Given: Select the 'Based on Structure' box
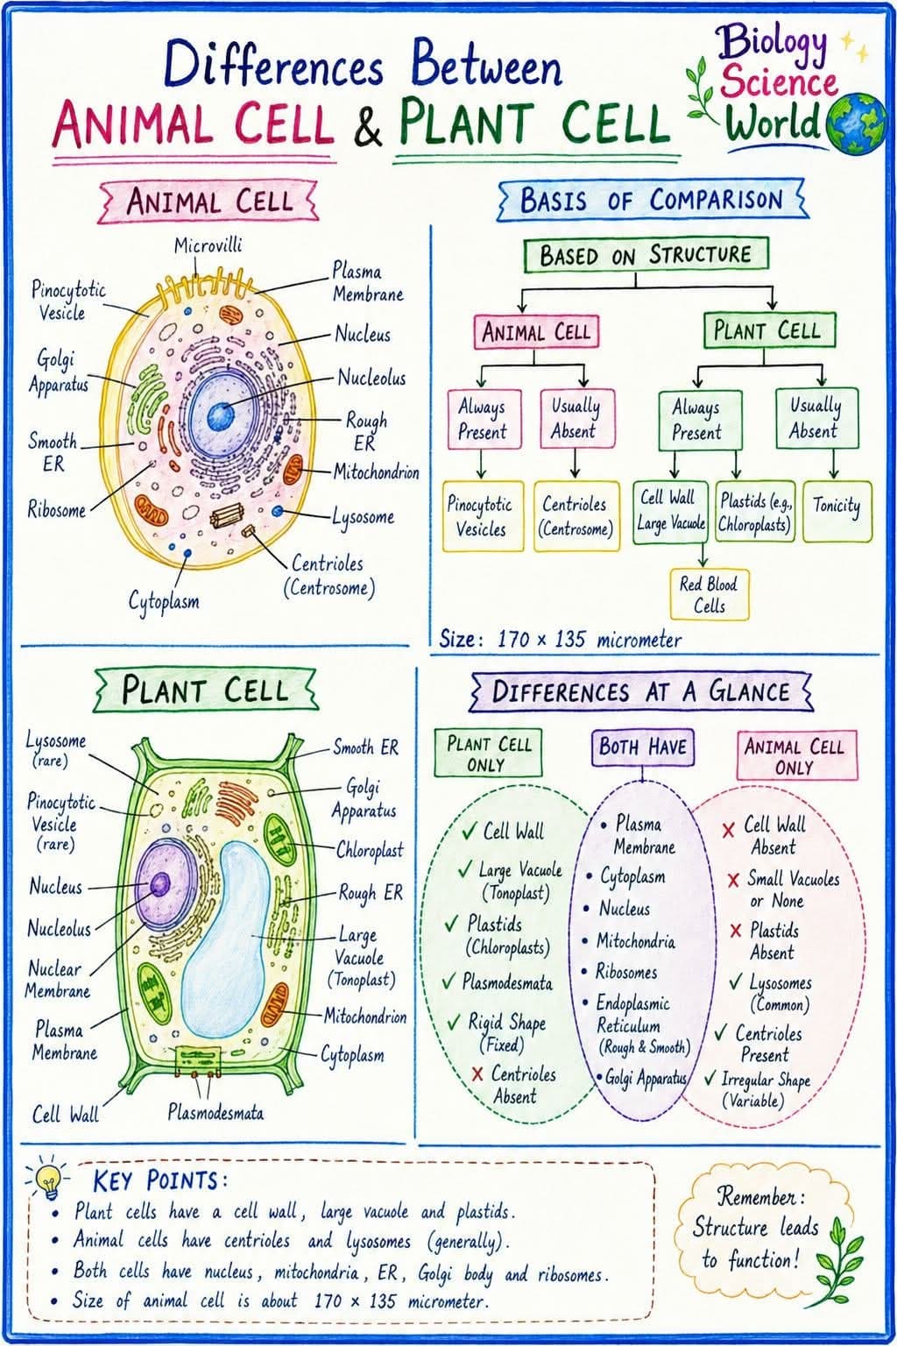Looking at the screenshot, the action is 646,255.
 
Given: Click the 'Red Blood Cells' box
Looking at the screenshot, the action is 709,594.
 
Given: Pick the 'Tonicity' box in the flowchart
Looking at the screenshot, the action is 837,512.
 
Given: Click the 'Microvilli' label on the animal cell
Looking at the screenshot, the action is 208,245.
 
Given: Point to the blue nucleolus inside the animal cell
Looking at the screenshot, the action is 221,416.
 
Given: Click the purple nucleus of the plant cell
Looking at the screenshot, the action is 166,884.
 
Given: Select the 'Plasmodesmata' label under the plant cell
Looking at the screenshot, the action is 215,1113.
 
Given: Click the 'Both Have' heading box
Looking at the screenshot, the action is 642,747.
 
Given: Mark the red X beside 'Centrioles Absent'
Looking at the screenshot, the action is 477,1073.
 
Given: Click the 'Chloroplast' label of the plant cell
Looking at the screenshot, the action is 370,850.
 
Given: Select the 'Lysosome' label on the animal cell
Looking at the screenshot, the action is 364,517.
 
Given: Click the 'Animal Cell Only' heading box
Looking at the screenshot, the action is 796,755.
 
